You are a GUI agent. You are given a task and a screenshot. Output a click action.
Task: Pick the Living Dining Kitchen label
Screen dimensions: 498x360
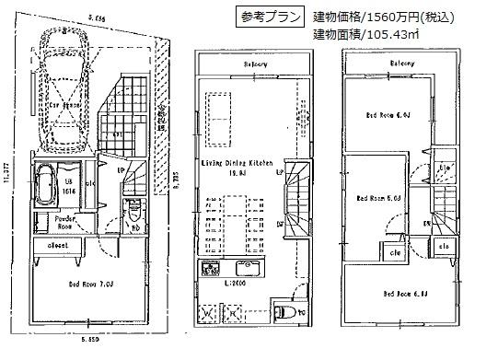pos(237,162)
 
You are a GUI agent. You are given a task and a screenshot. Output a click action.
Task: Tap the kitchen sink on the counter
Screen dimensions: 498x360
pos(207,269)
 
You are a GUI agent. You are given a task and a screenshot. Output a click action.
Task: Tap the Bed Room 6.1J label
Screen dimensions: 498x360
pos(400,294)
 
